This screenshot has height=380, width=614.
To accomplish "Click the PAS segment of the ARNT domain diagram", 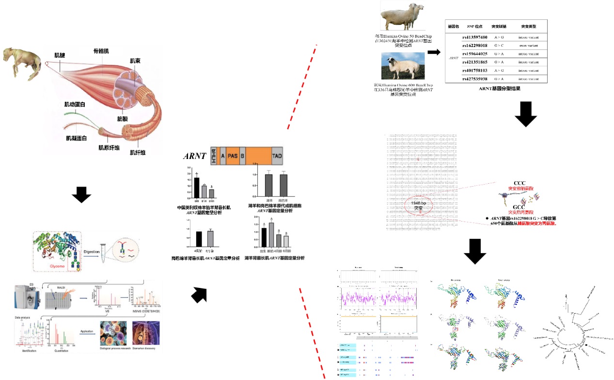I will [x=233, y=156].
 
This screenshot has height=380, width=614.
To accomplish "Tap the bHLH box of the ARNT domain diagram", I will [x=214, y=156].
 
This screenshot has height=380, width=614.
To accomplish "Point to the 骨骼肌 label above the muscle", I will [x=103, y=51].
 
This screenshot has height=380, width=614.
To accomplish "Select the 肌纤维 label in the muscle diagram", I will [x=137, y=153].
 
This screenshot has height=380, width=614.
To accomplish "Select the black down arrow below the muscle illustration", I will [x=81, y=195].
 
